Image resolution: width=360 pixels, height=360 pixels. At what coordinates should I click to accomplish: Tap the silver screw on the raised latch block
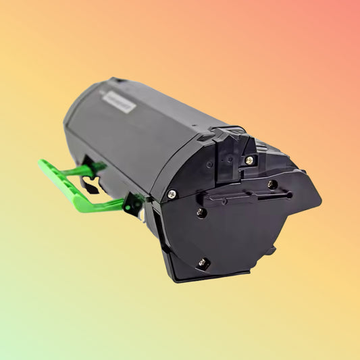click(x=249, y=160)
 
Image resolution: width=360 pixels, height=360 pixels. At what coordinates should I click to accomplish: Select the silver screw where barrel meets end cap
click(x=172, y=194)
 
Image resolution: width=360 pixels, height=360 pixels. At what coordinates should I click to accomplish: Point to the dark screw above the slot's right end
click(x=272, y=184)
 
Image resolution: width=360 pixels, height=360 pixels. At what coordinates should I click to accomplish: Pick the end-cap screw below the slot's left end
click(x=201, y=212)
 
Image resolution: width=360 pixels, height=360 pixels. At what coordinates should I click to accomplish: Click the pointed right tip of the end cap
click(x=318, y=201)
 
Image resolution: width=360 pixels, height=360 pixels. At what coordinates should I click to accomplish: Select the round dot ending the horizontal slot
click(x=289, y=195)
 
